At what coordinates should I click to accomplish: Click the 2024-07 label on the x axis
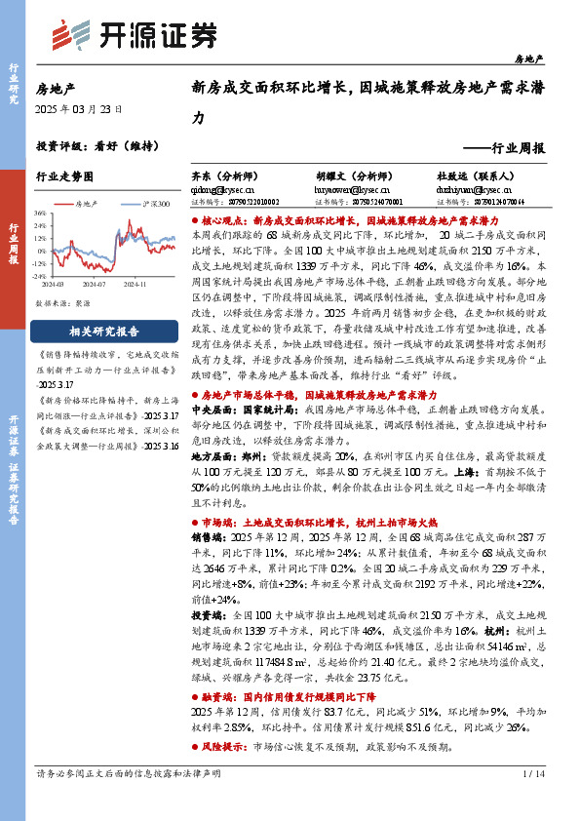[94, 284]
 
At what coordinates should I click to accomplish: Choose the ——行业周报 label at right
[505, 148]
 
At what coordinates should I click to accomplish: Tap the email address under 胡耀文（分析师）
[352, 190]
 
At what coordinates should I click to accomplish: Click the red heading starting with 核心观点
[312, 222]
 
